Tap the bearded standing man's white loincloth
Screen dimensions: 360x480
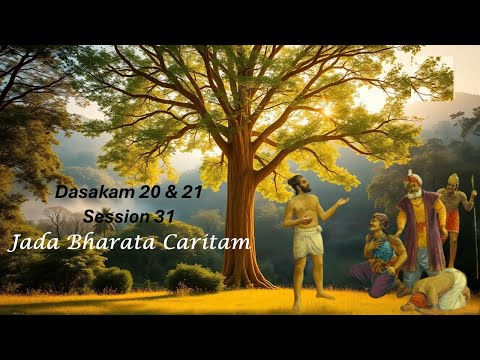pos(309,241)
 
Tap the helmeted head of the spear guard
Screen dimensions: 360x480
pos(453,180)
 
